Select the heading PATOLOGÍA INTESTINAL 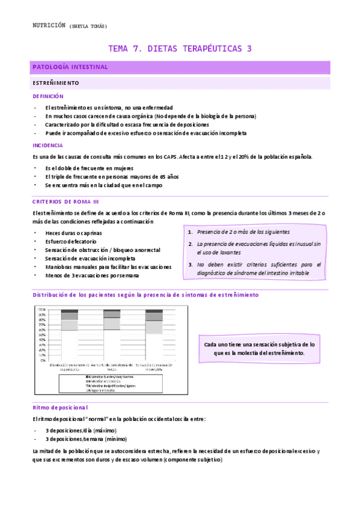pyautogui.click(x=70, y=67)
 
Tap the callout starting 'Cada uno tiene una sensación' pyautogui.click(x=259, y=348)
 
